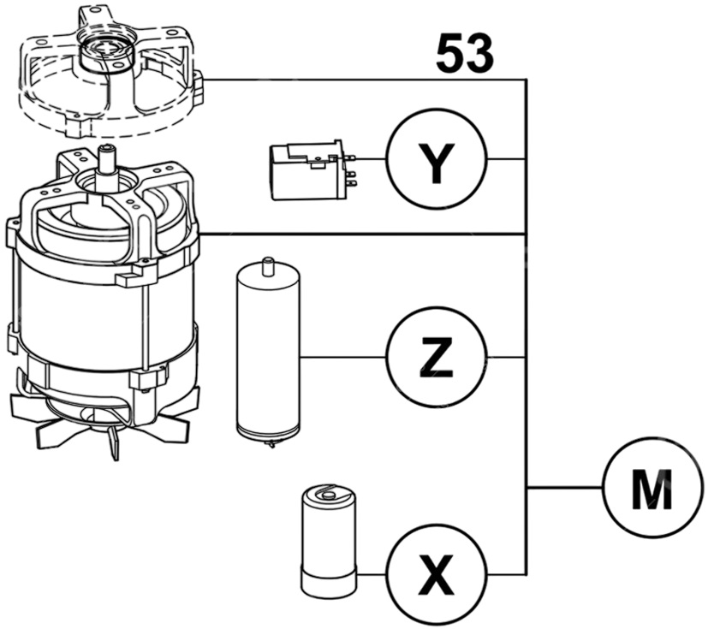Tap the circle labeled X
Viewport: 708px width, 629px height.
click(x=436, y=573)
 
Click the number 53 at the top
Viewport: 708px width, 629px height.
click(x=464, y=53)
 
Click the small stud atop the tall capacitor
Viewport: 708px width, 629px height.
click(x=268, y=262)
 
